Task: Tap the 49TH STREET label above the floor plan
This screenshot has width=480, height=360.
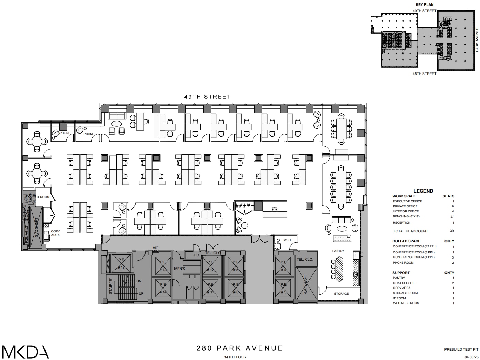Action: (x=207, y=97)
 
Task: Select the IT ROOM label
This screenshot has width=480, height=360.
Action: (x=43, y=197)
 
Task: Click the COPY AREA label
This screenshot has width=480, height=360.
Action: (x=55, y=233)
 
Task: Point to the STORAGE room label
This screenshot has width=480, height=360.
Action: (x=341, y=294)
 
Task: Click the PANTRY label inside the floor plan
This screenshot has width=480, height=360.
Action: (x=338, y=251)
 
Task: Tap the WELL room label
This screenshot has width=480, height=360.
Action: (x=287, y=240)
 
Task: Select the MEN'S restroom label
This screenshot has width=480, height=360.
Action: (x=180, y=269)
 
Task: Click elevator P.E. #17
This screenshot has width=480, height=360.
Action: (x=121, y=263)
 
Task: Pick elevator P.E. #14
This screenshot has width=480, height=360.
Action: (x=163, y=288)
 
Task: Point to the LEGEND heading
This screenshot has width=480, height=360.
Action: (x=423, y=191)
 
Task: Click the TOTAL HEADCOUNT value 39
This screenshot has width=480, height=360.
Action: (x=452, y=231)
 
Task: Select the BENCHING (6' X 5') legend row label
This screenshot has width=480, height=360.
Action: (x=406, y=216)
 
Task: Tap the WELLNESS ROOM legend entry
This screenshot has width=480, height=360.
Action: (x=406, y=303)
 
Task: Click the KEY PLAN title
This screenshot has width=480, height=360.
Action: (x=424, y=5)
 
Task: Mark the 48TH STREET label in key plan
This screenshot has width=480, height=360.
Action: (x=424, y=74)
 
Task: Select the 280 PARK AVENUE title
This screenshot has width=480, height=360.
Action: (x=240, y=348)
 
